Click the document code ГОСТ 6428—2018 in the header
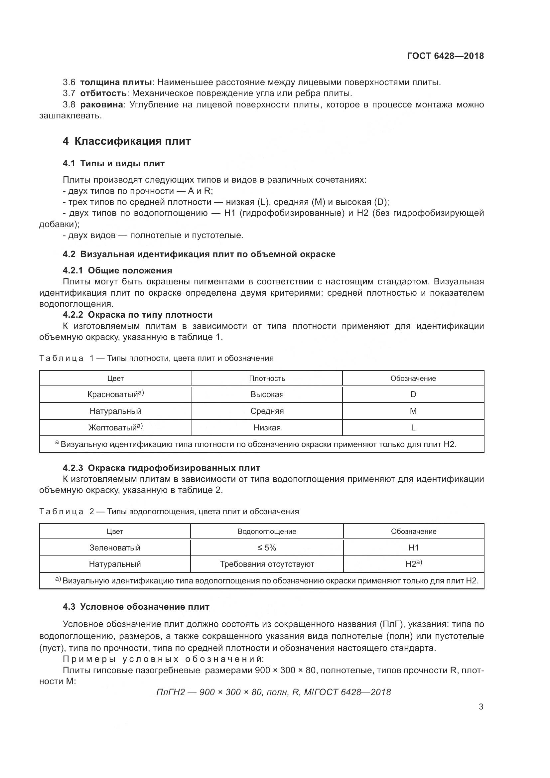pyautogui.click(x=445, y=56)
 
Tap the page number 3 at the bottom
pyautogui.click(x=481, y=706)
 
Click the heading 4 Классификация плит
pyautogui.click(x=127, y=141)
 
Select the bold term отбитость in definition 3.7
pyautogui.click(x=103, y=93)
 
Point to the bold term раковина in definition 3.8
pyautogui.click(x=101, y=104)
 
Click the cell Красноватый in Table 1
pyautogui.click(x=115, y=394)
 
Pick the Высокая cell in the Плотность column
pyautogui.click(x=267, y=394)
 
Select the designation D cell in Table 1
pyautogui.click(x=413, y=394)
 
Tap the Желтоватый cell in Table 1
pyautogui.click(x=115, y=427)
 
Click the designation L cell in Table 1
pyautogui.click(x=413, y=427)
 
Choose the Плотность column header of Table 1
pyautogui.click(x=267, y=378)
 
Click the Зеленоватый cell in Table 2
pyautogui.click(x=115, y=547)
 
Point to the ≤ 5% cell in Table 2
pyautogui.click(x=267, y=547)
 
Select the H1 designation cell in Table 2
pyautogui.click(x=414, y=547)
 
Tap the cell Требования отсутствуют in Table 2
pyautogui.click(x=267, y=564)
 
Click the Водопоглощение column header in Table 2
pyautogui.click(x=267, y=531)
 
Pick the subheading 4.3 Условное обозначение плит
pyautogui.click(x=136, y=607)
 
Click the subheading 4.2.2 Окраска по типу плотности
pyautogui.click(x=138, y=315)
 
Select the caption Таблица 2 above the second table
pyautogui.click(x=169, y=511)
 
